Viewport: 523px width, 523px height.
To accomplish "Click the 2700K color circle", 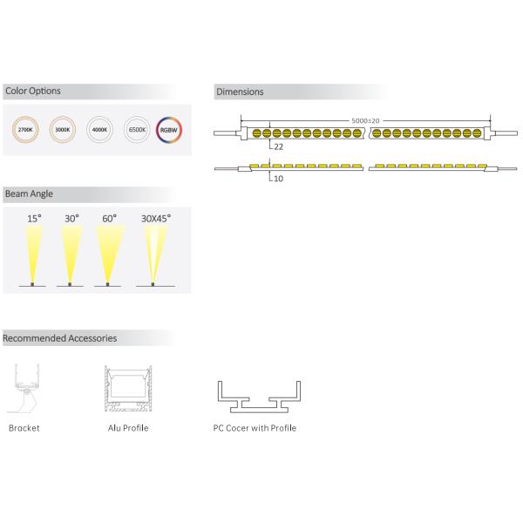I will pyautogui.click(x=24, y=131).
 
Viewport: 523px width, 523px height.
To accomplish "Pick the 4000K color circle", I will pyautogui.click(x=98, y=131).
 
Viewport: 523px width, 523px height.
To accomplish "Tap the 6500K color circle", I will pyautogui.click(x=136, y=131).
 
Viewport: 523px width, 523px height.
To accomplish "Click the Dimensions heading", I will pyautogui.click(x=240, y=92).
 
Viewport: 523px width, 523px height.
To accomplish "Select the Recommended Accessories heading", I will pyautogui.click(x=59, y=337).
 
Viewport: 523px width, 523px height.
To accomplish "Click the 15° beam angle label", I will pyautogui.click(x=33, y=218).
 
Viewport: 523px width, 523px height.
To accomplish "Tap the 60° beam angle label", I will pyautogui.click(x=108, y=218).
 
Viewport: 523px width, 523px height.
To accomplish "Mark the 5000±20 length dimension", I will pyautogui.click(x=366, y=119).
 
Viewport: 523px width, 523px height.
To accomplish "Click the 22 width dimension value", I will pyautogui.click(x=279, y=147).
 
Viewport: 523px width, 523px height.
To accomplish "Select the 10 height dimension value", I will pyautogui.click(x=278, y=179).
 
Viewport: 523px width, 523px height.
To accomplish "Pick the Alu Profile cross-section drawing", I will pyautogui.click(x=126, y=391).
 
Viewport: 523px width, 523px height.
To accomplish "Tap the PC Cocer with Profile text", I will pyautogui.click(x=255, y=428).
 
